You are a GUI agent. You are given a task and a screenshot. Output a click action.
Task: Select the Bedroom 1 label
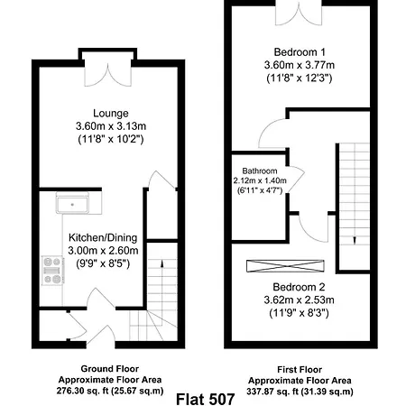[298, 51]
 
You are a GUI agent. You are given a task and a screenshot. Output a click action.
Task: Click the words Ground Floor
[98, 370]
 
